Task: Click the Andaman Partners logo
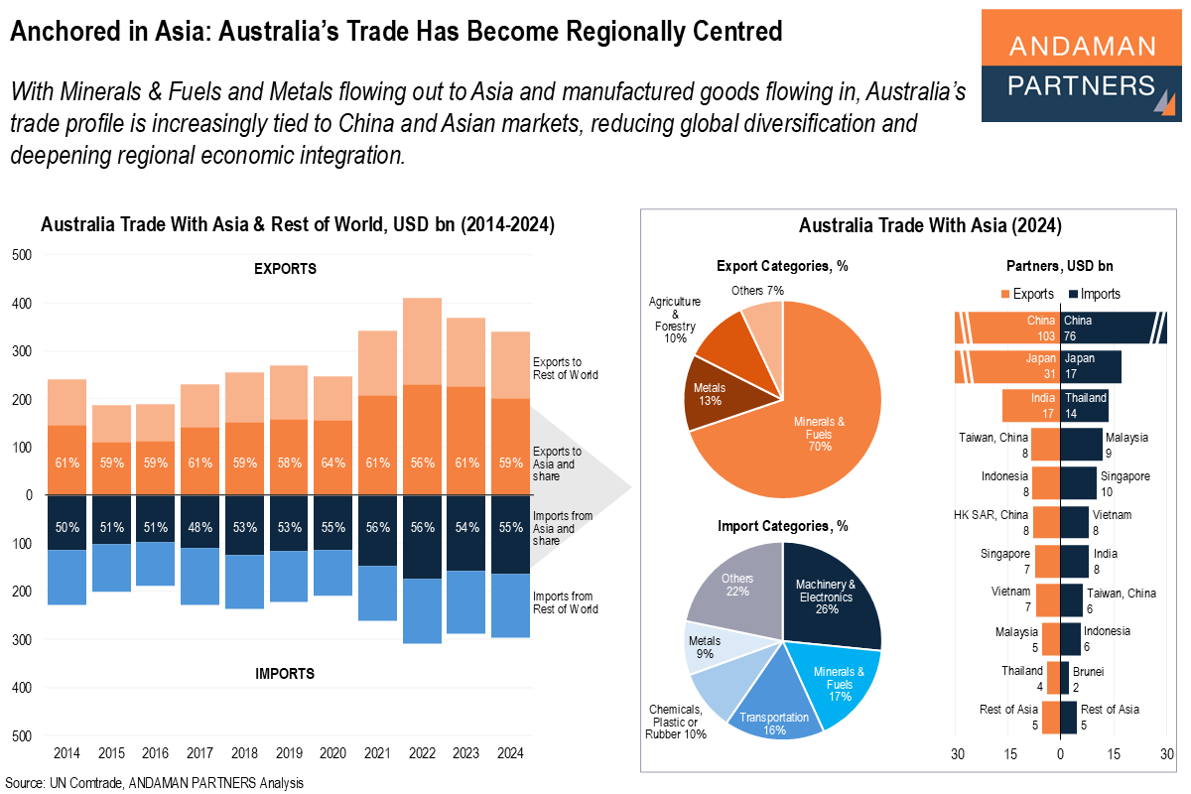[x=1081, y=66]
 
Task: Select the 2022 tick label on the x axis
[x=423, y=753]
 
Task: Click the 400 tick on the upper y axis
[x=22, y=304]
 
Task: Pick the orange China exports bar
[x=1007, y=328]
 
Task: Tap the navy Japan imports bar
[x=1090, y=366]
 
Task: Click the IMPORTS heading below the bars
[x=285, y=674]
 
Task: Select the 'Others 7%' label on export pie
[x=759, y=291]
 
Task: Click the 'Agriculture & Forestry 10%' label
[x=675, y=319]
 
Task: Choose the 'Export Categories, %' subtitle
[x=782, y=266]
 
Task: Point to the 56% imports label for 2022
[x=423, y=527]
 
